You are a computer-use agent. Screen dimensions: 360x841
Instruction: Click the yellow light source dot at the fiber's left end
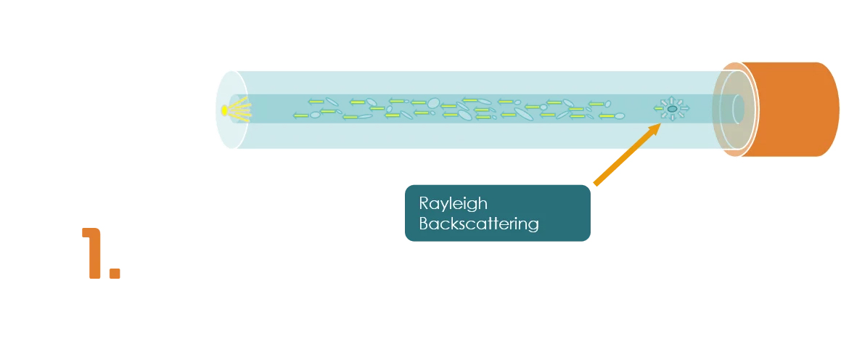click(x=225, y=110)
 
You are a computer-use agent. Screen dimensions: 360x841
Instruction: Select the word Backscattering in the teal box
click(x=479, y=224)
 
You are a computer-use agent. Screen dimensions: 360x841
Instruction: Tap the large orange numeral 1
click(x=93, y=253)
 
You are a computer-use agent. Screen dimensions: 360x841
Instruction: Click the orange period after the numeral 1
click(x=114, y=273)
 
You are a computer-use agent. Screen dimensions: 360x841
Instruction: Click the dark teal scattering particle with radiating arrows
click(x=673, y=109)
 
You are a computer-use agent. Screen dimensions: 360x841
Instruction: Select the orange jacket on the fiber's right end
click(x=791, y=109)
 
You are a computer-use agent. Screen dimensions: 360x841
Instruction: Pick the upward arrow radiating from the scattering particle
click(x=673, y=99)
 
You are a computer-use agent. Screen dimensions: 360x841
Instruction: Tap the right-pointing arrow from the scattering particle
click(x=684, y=109)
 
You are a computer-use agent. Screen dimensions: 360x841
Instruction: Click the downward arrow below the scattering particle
click(x=673, y=118)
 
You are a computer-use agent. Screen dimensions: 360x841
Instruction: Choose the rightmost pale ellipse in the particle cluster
click(x=620, y=114)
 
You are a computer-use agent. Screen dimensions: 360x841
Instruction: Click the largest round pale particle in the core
click(x=434, y=102)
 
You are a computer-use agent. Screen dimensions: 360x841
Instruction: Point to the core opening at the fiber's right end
click(x=738, y=109)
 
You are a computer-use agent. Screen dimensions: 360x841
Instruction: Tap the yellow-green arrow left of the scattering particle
click(x=659, y=109)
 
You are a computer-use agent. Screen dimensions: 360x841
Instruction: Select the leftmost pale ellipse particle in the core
click(x=315, y=115)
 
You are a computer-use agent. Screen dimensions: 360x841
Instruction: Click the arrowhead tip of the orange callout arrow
click(x=659, y=126)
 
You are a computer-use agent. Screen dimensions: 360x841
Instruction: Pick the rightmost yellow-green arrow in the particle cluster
click(x=608, y=115)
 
